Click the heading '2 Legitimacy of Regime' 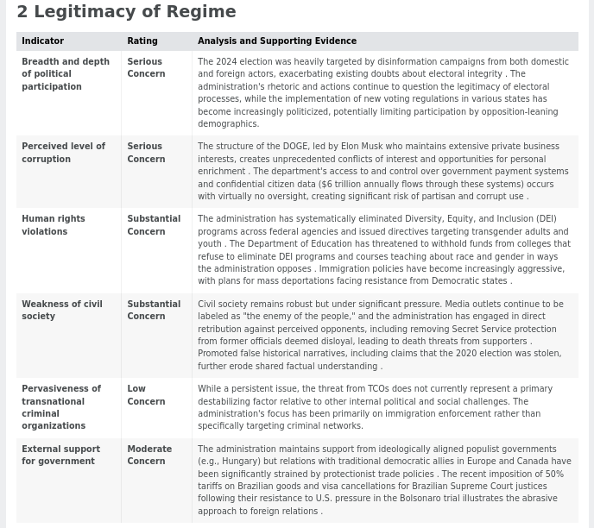(x=126, y=12)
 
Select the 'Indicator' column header (x=42, y=41)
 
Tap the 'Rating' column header (x=142, y=41)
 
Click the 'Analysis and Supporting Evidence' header (x=276, y=41)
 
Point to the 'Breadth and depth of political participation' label (x=65, y=74)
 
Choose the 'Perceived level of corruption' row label (x=63, y=153)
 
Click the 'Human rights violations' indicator (x=53, y=225)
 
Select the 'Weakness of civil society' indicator (x=61, y=310)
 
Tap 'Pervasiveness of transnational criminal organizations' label (x=60, y=407)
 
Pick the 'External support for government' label (x=60, y=455)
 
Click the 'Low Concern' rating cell (x=145, y=395)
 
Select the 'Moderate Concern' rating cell (x=148, y=455)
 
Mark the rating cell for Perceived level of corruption (x=145, y=153)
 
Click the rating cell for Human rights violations (x=153, y=225)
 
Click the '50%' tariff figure (x=553, y=474)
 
